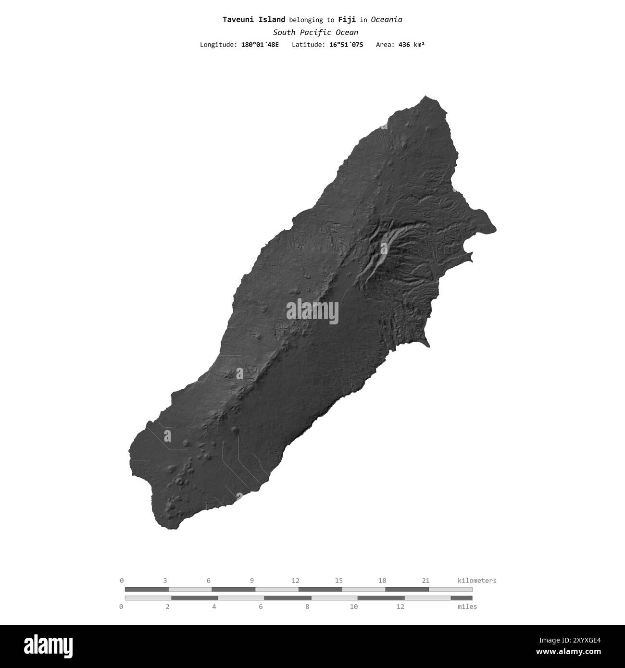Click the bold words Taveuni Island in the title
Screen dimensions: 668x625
tap(254, 20)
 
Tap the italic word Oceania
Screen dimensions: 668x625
tap(387, 20)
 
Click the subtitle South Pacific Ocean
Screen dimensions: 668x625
tap(315, 33)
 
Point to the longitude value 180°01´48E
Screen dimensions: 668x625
tap(260, 45)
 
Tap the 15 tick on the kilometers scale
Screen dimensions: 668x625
tap(339, 581)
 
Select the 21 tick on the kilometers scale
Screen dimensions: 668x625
tap(425, 581)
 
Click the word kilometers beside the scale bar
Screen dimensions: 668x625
tap(477, 581)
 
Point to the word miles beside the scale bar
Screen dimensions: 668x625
tap(467, 606)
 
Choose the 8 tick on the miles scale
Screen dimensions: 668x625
tap(307, 606)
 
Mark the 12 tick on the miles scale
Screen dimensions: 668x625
tap(400, 606)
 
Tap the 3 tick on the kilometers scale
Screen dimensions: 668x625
tap(165, 581)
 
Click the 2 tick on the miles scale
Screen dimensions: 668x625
tap(168, 606)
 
